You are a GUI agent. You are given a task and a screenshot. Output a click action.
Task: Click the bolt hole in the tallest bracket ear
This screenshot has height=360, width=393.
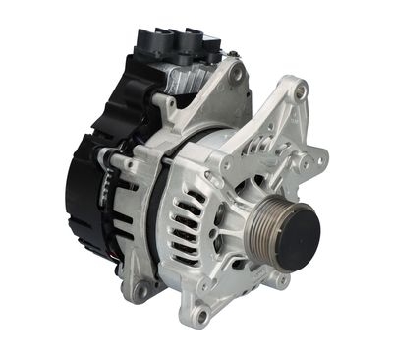click(x=300, y=92)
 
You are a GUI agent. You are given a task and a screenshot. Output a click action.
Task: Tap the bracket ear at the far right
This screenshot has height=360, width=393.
click(x=318, y=157)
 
